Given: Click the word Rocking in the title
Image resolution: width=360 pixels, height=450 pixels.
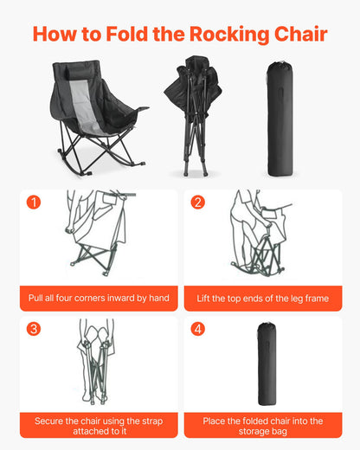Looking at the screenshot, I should (222, 35).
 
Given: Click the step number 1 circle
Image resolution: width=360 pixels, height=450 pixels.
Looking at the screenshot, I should (34, 202).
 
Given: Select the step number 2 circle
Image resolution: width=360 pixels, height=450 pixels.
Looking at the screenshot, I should (198, 202).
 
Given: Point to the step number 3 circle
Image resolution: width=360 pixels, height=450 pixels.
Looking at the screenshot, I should (34, 329).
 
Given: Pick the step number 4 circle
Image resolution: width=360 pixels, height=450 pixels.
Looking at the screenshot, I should (198, 329).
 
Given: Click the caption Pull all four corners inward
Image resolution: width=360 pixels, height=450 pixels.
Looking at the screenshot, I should (98, 299).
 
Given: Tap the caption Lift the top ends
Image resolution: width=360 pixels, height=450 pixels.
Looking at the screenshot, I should (262, 299).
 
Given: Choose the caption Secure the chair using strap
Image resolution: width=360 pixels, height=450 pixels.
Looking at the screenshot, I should (98, 425).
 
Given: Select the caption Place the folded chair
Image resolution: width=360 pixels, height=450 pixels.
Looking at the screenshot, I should (262, 425).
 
